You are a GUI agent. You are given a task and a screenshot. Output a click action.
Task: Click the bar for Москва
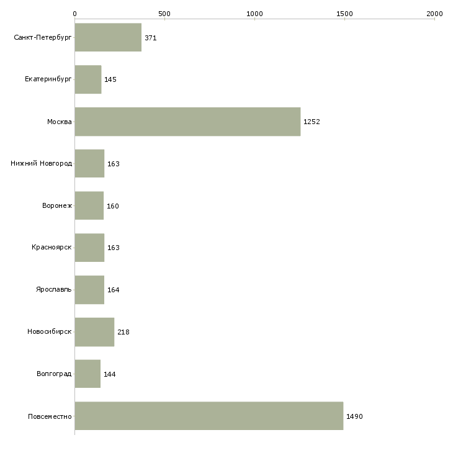coord(187,122)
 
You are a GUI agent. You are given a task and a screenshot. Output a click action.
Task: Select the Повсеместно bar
coord(209,416)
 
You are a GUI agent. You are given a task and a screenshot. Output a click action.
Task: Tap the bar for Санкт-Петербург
coord(108,37)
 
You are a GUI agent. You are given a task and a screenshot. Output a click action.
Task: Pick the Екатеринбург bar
coord(88,79)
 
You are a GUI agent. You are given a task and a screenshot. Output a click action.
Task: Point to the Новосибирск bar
coord(94,332)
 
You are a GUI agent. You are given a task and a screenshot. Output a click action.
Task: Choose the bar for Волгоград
coord(87,374)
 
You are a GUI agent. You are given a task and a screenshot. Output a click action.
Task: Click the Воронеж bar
coord(89,205)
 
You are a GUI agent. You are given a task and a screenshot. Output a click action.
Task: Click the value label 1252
coord(312,122)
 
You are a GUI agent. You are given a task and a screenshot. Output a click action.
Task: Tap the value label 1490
coord(354,416)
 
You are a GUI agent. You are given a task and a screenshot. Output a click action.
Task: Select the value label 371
coord(151,38)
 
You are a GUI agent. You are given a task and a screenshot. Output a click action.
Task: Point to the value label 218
coord(123,332)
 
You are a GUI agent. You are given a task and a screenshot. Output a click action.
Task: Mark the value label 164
coord(113,290)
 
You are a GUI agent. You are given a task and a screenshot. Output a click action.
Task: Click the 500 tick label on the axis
coord(164,14)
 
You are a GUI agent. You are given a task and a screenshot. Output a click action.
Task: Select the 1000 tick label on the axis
coord(254,14)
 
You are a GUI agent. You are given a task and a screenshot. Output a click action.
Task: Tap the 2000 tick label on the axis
coord(434,14)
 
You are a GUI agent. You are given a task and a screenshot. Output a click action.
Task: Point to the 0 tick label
coord(75,14)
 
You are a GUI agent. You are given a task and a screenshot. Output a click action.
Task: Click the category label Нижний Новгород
coord(42,164)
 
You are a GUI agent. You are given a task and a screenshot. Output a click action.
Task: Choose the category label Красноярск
coord(52,248)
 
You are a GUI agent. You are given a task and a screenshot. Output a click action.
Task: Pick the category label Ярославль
coord(54,289)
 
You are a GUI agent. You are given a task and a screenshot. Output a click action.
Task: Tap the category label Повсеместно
coord(50,416)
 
